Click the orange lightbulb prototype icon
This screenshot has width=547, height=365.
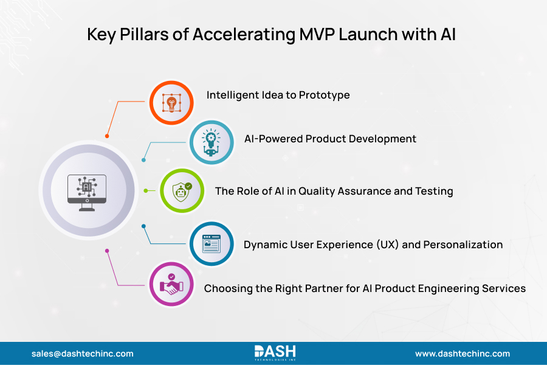pos(171,103)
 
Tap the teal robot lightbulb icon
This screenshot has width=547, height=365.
pos(211,142)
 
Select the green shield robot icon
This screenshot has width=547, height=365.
pos(181,191)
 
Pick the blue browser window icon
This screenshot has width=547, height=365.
pos(211,244)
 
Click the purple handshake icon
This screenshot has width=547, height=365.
pos(171,285)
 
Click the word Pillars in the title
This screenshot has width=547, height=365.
pos(141,35)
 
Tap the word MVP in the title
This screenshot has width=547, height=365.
pos(323,35)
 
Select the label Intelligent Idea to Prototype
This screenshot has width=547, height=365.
pos(278,95)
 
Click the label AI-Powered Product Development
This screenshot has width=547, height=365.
pos(330,139)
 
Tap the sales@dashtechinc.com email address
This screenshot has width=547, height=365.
pos(83,353)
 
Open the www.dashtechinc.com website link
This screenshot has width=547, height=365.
pos(462,353)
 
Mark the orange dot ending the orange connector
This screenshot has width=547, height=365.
pos(107,136)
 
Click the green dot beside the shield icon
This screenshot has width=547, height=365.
pos(145,190)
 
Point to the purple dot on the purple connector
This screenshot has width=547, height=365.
pos(107,250)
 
